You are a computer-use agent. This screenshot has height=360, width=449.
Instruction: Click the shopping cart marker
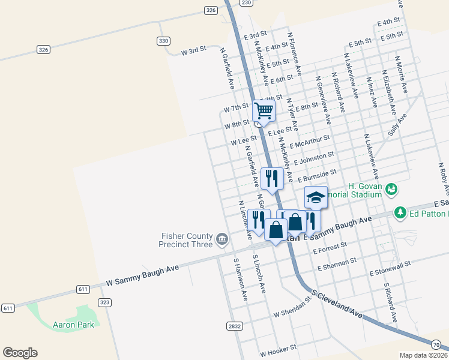coord(264,110)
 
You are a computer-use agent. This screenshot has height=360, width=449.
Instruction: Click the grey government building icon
coord(222,241)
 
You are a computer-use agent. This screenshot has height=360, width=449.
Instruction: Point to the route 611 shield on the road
coord(83,289)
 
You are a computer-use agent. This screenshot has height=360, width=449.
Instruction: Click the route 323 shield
coord(104,302)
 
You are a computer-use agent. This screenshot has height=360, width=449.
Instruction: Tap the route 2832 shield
coord(235,326)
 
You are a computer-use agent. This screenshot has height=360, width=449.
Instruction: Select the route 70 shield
coord(436,344)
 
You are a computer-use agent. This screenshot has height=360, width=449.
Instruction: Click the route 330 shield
coord(163,41)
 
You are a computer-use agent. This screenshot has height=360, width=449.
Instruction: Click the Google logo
coord(20,353)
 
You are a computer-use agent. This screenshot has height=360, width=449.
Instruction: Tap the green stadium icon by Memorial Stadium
coord(391,190)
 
